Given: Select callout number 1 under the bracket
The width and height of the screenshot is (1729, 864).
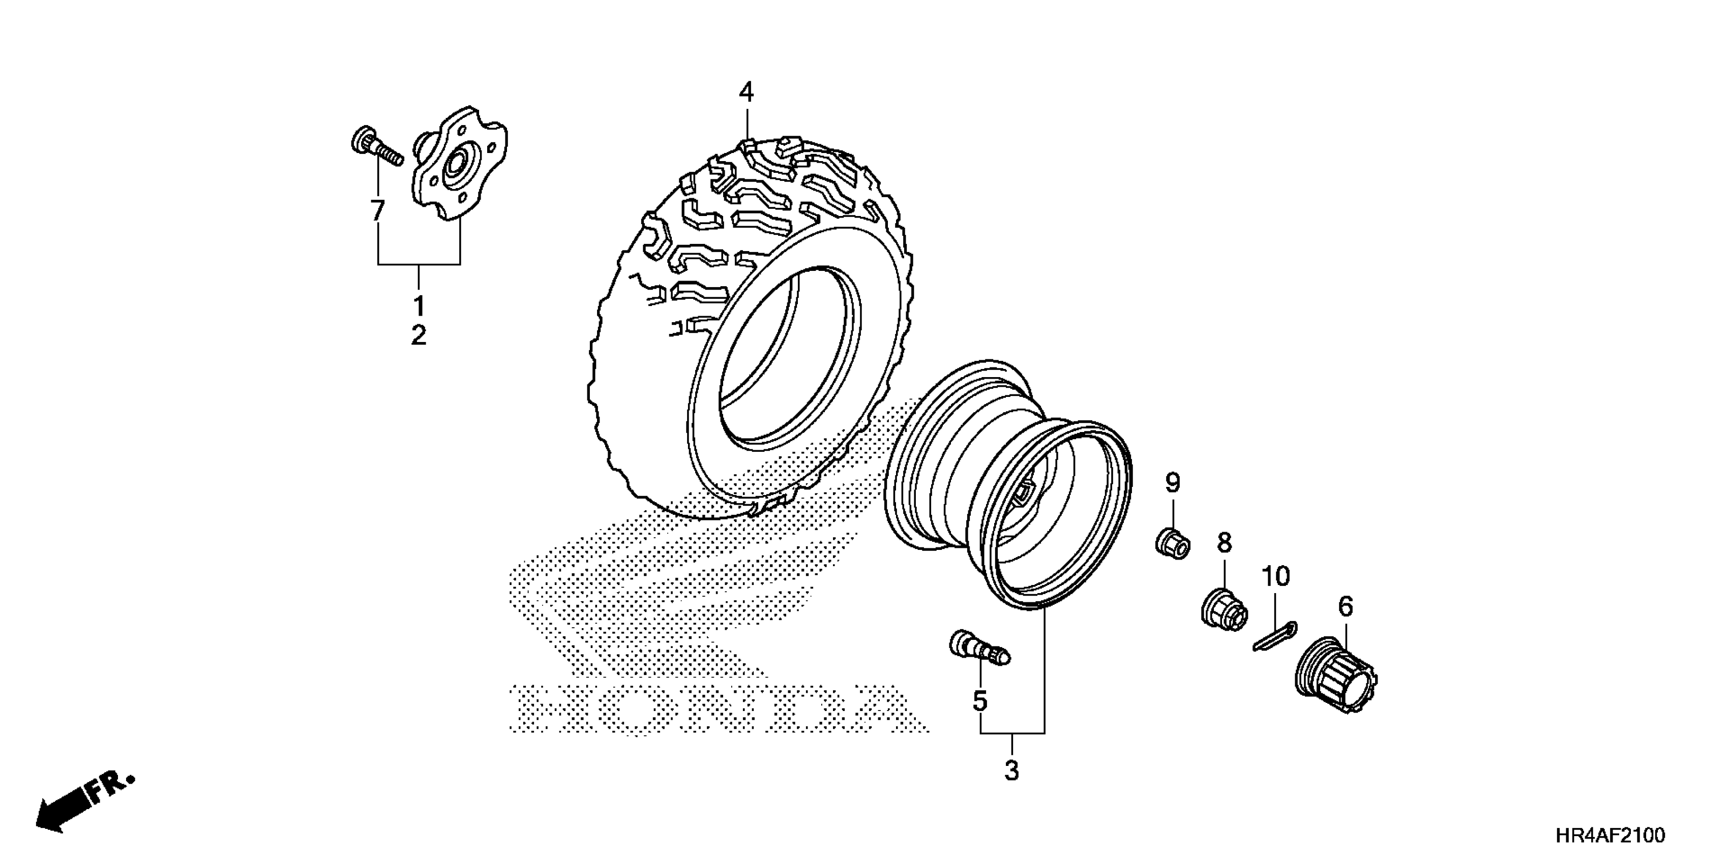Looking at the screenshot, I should pyautogui.click(x=419, y=306).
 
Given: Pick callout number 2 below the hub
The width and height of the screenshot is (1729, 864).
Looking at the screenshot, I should pyautogui.click(x=419, y=335).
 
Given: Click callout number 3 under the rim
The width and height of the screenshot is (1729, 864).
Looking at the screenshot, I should pyautogui.click(x=1011, y=771).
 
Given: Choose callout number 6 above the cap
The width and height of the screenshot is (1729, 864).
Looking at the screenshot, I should pyautogui.click(x=1345, y=606).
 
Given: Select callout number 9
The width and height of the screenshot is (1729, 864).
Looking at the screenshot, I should pyautogui.click(x=1172, y=482).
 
